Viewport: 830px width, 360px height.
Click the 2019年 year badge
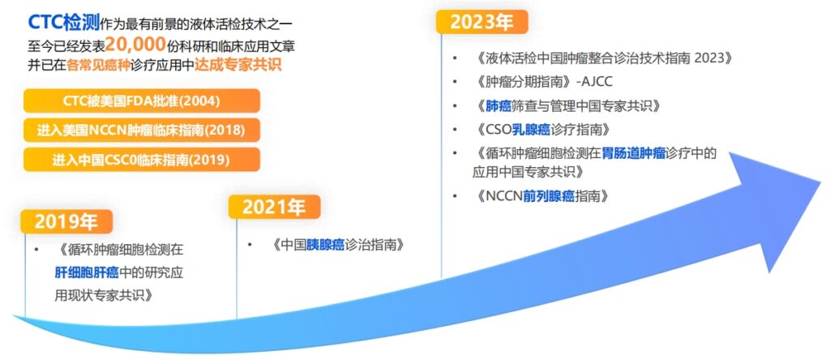click(66, 221)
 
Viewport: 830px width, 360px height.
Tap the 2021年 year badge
click(274, 207)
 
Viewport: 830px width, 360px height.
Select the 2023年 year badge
click(481, 22)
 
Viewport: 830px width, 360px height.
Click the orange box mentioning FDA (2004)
click(142, 101)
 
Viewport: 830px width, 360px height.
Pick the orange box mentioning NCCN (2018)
click(142, 131)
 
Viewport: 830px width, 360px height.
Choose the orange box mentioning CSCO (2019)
click(142, 160)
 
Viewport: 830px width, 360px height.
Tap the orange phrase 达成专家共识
click(238, 65)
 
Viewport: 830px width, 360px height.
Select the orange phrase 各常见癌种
click(94, 65)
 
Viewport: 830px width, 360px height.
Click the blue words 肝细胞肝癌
click(86, 272)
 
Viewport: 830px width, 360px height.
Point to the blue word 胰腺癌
click(326, 245)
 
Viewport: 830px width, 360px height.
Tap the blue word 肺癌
click(498, 105)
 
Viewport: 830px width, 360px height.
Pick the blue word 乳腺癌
click(531, 129)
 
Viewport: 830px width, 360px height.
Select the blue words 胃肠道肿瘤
click(633, 153)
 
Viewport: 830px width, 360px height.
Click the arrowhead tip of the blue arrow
click(821, 181)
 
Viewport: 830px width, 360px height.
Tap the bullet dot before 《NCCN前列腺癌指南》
click(455, 196)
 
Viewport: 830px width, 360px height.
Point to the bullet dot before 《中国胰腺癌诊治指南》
click(248, 245)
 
